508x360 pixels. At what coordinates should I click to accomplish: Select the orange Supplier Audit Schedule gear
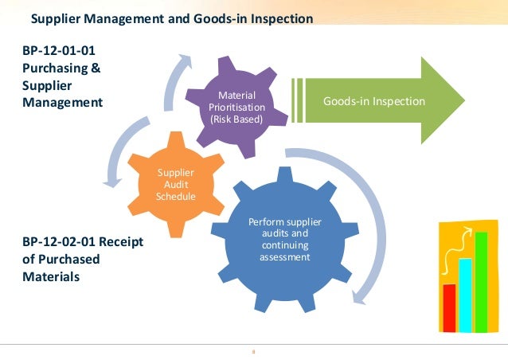[171, 183]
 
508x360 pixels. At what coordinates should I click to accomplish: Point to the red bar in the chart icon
[449, 307]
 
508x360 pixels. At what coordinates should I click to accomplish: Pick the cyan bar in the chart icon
[465, 295]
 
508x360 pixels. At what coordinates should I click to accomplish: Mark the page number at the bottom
[252, 350]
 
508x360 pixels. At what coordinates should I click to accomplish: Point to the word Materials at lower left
[50, 277]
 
